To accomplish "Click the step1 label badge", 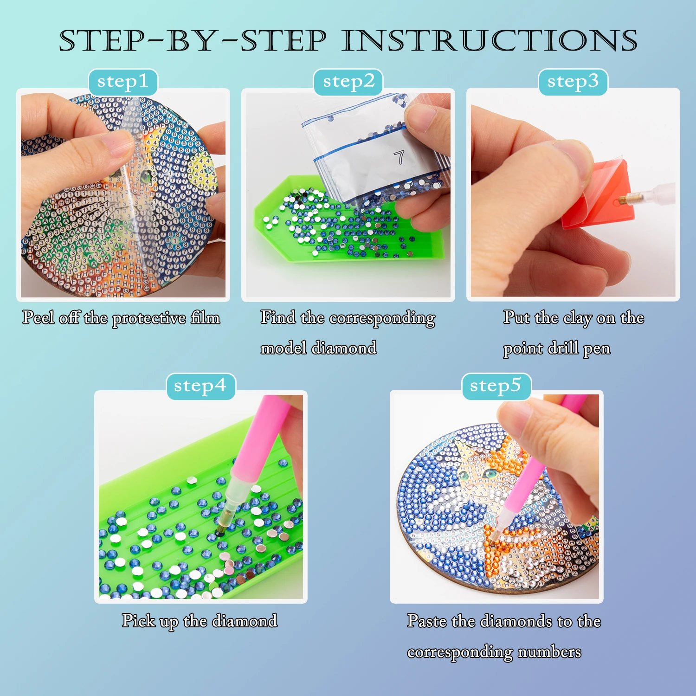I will (x=123, y=82).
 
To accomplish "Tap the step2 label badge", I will (x=348, y=82).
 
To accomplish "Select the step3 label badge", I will (x=573, y=82).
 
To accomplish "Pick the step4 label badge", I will (x=200, y=386).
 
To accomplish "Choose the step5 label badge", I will (x=496, y=386).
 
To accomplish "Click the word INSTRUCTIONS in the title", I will (x=490, y=41).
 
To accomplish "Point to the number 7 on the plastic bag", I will (x=399, y=157).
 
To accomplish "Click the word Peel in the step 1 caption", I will (x=39, y=318).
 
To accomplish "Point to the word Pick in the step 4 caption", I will (x=138, y=621).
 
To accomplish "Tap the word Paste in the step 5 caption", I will (x=426, y=621).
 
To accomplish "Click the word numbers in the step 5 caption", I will (x=549, y=652).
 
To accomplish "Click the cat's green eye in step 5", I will (x=489, y=473).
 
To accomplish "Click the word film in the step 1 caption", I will (x=205, y=318).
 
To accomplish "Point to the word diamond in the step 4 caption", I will (x=245, y=621).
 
